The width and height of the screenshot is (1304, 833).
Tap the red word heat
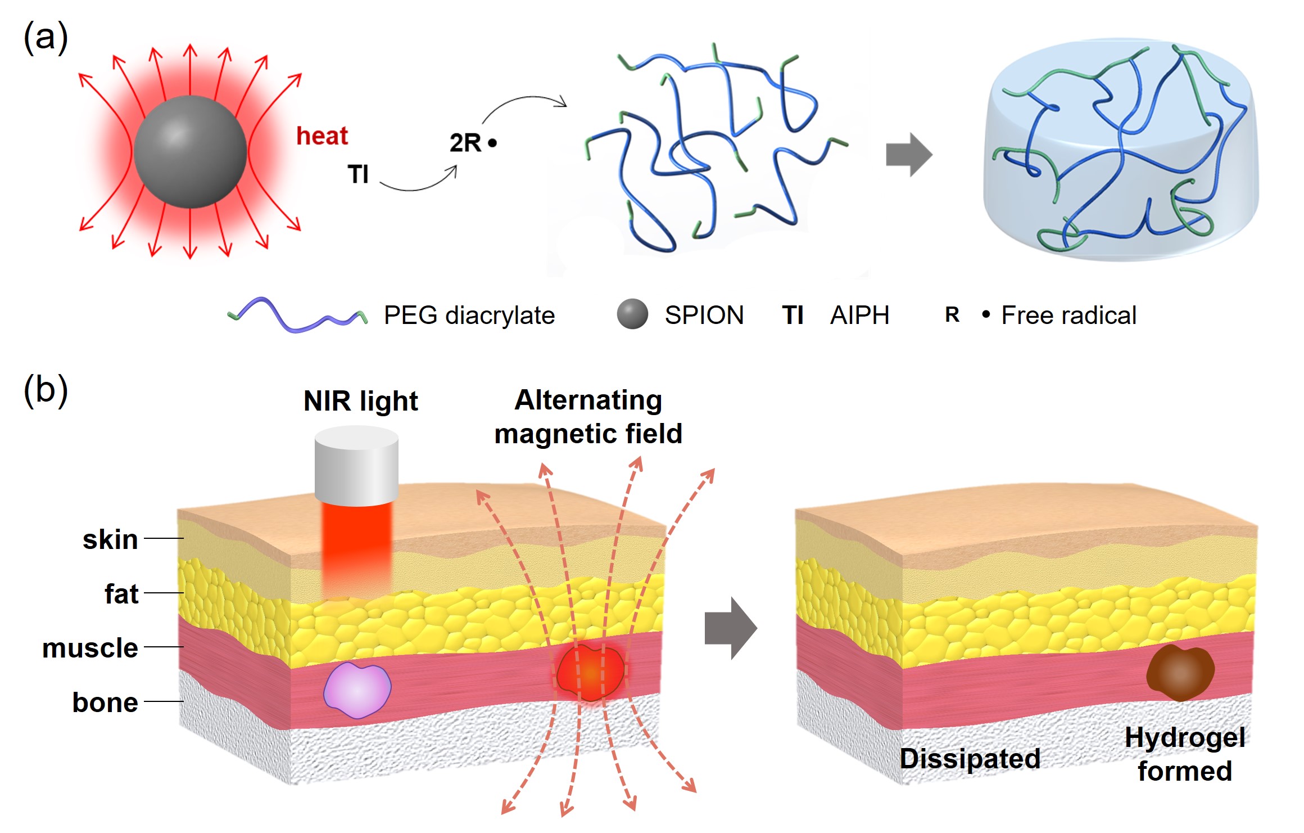322,136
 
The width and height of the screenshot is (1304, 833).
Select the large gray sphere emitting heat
190,152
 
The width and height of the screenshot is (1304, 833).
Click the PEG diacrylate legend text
469,315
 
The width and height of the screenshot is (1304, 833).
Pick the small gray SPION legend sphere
632,314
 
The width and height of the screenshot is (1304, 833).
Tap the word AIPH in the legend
859,315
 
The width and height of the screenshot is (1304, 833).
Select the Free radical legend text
1068,315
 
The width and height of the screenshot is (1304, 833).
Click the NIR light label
360,401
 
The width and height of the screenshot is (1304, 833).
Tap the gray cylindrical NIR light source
356,465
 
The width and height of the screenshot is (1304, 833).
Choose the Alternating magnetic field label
588,417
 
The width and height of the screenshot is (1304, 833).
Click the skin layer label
110,539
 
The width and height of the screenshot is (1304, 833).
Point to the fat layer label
121,594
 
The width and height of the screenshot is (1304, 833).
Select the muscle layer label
90,648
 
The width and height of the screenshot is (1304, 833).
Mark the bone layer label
105,703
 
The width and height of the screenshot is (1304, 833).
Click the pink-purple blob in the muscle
357,690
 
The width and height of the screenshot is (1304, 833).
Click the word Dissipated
970,758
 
